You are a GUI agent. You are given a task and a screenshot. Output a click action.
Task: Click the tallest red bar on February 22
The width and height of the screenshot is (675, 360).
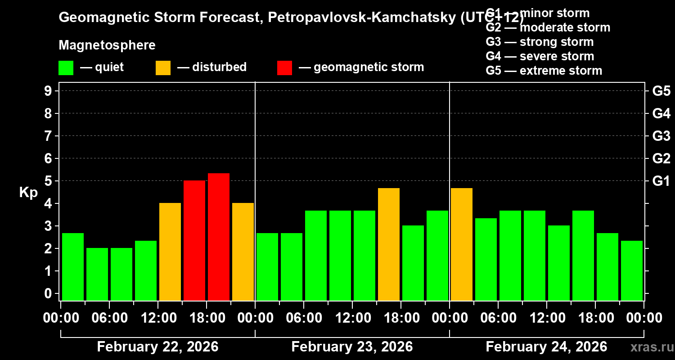pos(219,237)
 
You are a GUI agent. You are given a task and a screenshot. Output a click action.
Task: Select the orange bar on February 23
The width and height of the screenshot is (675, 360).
pos(389,244)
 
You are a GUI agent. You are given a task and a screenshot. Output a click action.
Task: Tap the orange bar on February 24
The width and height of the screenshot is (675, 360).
pos(462,244)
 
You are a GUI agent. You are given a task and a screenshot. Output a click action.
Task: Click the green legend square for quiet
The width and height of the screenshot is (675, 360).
pos(66,67)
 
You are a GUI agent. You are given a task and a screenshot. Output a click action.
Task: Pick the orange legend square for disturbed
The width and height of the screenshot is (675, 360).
pos(163,67)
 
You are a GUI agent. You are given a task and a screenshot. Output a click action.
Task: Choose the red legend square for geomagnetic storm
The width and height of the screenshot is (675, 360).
pos(284,67)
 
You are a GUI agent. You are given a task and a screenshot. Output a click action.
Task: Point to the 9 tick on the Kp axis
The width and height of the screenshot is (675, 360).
pos(49,91)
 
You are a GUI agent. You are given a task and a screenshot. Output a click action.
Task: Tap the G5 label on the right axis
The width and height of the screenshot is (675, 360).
pos(661,91)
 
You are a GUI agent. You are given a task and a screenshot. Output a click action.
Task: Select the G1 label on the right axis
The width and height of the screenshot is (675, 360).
pos(661,181)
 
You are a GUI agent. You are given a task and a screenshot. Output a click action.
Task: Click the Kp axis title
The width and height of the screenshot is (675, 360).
pos(28,192)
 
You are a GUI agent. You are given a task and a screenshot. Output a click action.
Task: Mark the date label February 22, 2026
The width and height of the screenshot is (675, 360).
pos(157,347)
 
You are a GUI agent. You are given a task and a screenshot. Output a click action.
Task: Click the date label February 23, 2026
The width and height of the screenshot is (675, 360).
pos(352,347)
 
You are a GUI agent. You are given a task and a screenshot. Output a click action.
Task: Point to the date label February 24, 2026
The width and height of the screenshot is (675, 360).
pos(546,347)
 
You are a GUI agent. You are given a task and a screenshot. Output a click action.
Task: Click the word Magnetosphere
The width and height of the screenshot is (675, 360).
pos(107,45)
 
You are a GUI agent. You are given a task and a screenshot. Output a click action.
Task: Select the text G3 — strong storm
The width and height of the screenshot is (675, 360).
pos(540,42)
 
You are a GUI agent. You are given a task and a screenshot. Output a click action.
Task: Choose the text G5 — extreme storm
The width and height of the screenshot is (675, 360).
pos(544,71)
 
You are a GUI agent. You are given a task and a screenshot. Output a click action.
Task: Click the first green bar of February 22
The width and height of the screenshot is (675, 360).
pos(73,266)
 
